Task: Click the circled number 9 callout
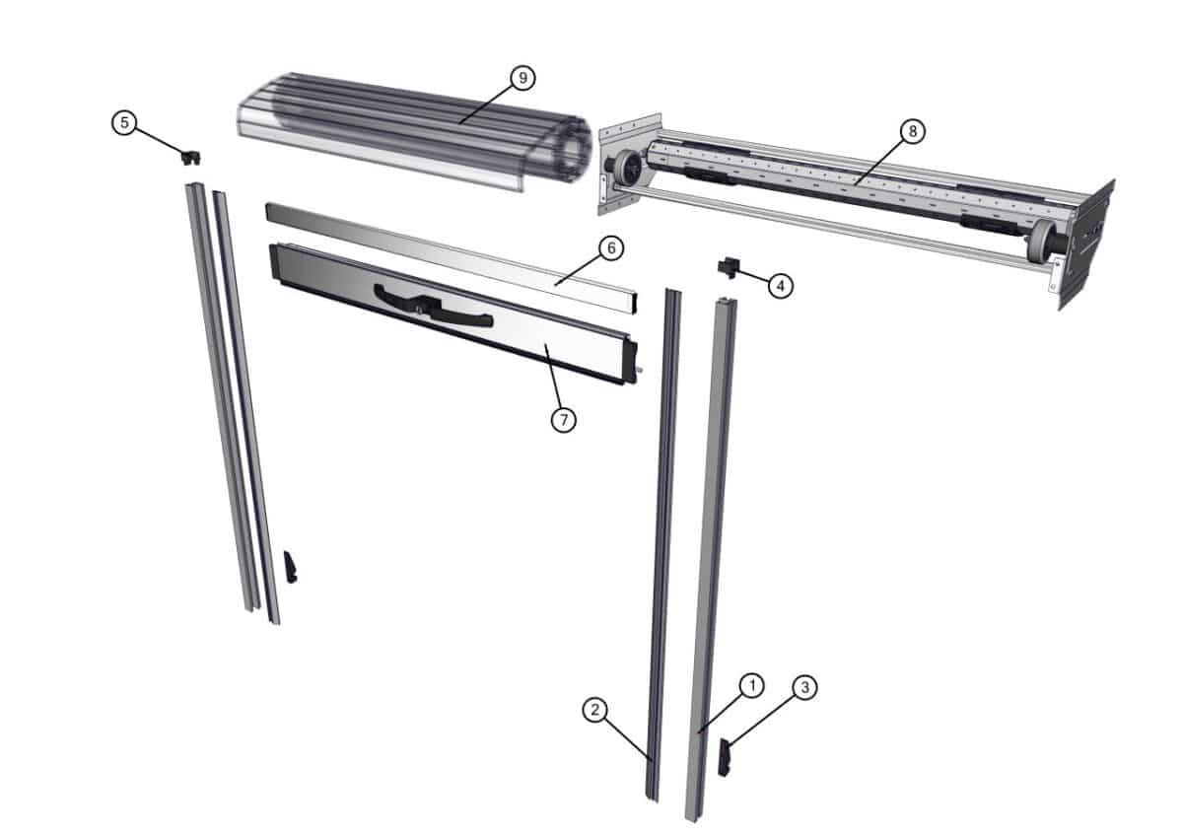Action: [522, 77]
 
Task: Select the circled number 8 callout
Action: [913, 129]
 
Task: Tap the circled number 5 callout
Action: [124, 122]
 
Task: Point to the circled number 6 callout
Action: [610, 248]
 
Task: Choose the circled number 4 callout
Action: [779, 286]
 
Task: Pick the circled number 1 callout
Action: [751, 685]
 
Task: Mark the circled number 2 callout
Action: [593, 709]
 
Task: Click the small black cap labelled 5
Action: [190, 156]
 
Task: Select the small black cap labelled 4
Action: [728, 265]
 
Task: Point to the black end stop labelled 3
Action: [725, 757]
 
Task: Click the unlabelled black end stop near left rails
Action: [291, 567]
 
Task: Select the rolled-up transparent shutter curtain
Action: [414, 128]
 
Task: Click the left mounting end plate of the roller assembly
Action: [614, 162]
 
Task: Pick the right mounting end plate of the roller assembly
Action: [1089, 242]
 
